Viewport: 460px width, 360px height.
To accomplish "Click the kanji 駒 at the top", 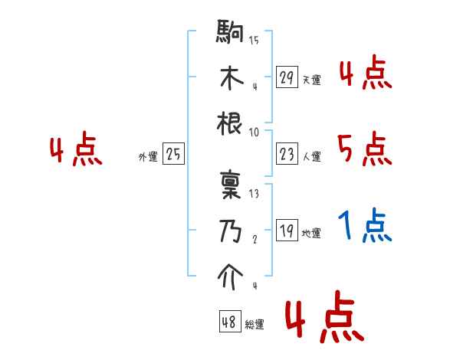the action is click(x=231, y=34).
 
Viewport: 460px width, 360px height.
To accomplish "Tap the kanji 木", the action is click(x=231, y=79).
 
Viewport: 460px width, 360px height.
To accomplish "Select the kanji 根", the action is click(x=231, y=124).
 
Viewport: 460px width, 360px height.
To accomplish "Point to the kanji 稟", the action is click(x=231, y=186).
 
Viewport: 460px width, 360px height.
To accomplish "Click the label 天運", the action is click(x=311, y=80).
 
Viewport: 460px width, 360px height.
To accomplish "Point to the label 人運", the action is click(x=311, y=156).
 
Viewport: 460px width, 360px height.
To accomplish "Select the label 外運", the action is click(x=147, y=156).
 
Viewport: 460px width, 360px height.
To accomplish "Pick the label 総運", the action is click(x=255, y=324).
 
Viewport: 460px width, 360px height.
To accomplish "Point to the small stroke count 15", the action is click(x=254, y=40).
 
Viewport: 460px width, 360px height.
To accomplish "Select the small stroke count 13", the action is click(x=254, y=193).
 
